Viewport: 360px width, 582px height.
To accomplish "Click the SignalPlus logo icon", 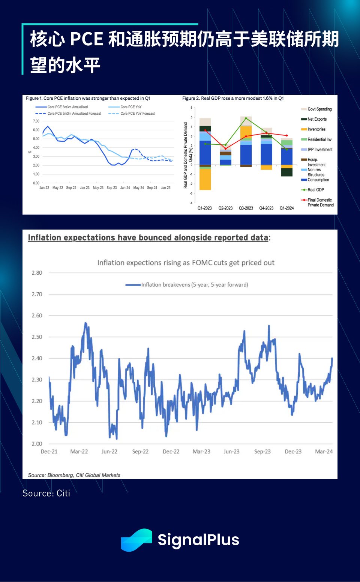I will click(x=136, y=540).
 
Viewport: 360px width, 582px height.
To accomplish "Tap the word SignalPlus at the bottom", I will click(x=198, y=540).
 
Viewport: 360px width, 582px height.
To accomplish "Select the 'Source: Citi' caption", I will click(x=46, y=493).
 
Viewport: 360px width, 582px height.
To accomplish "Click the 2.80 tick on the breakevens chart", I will click(x=37, y=273).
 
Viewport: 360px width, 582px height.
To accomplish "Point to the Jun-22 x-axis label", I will click(x=109, y=452).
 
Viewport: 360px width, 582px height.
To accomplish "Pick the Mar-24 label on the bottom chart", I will click(x=324, y=452).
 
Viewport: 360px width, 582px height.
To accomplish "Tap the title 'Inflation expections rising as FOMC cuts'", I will click(x=186, y=263).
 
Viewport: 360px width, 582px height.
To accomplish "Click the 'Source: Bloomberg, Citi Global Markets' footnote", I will click(x=74, y=475).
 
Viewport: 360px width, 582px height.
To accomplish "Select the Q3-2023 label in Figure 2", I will click(x=246, y=208).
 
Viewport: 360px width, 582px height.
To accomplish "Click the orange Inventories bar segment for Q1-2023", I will click(x=205, y=180).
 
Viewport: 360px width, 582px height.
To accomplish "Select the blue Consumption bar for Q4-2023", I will click(x=266, y=154).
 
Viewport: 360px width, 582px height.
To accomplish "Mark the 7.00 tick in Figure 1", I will click(x=36, y=121).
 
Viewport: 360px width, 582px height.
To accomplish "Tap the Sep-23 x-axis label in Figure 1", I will click(x=112, y=188).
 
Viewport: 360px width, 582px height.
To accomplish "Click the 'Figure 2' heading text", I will click(x=232, y=98).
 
